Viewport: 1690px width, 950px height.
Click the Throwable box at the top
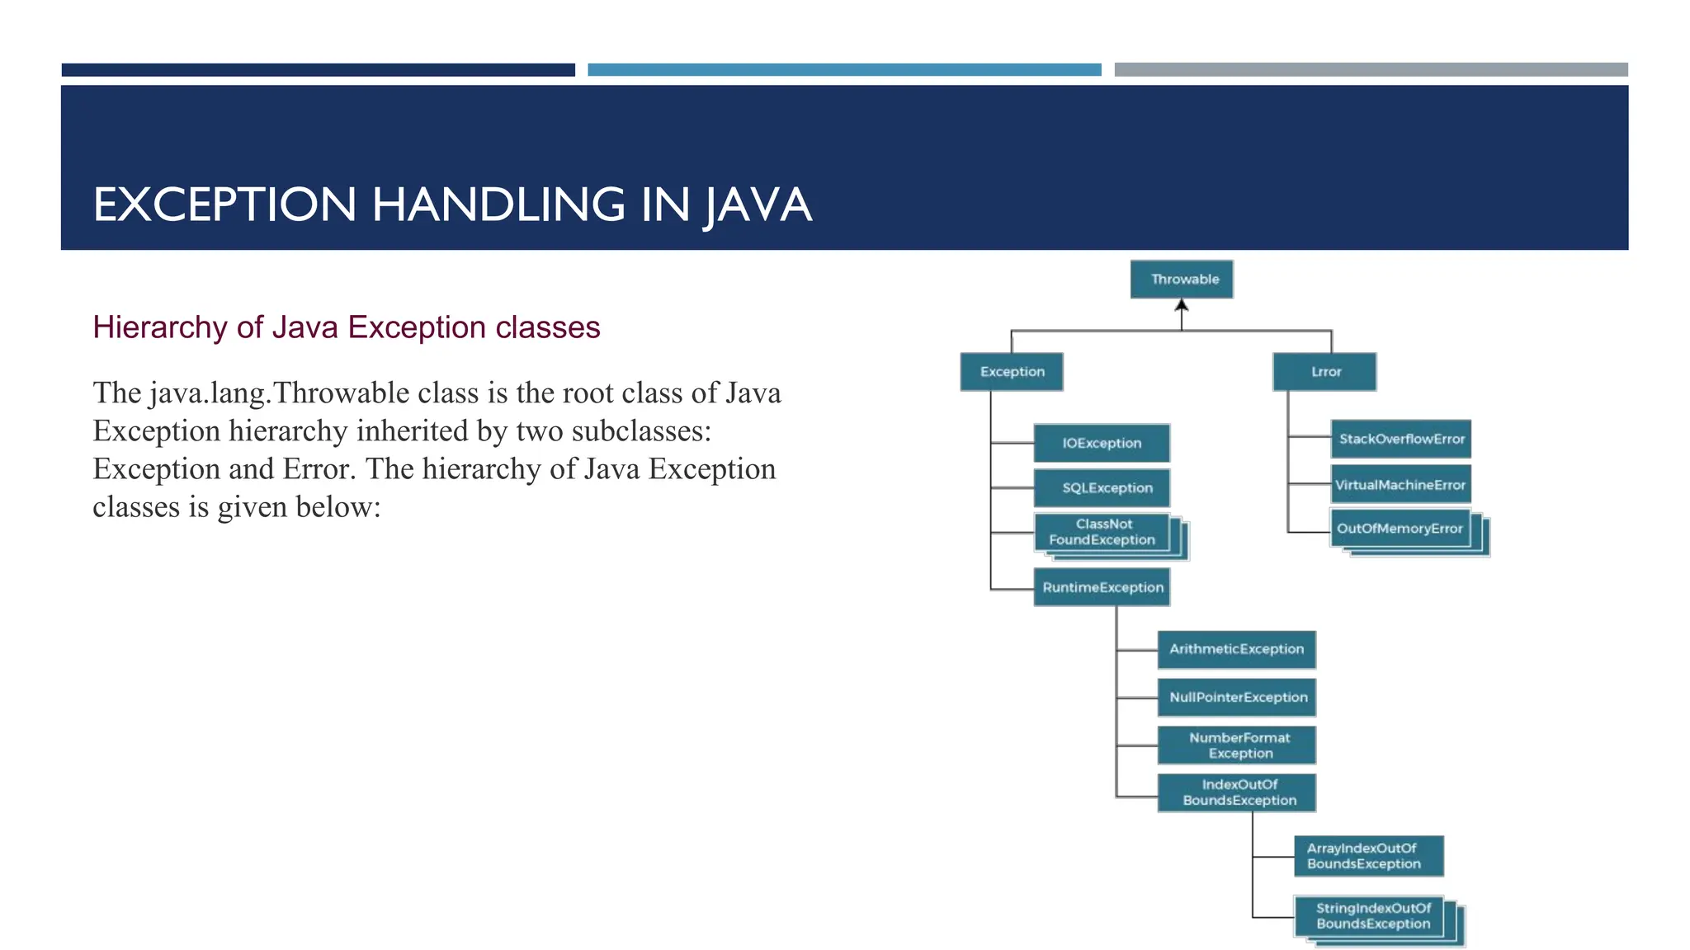coord(1182,280)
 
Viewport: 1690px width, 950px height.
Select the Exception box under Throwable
coord(1012,372)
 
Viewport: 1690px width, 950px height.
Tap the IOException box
coord(1102,444)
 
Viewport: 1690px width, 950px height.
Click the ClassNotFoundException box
coord(1102,533)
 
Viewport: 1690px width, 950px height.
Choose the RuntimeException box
coord(1102,588)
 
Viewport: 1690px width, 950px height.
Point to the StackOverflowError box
coord(1401,440)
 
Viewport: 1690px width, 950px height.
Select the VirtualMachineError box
coord(1400,485)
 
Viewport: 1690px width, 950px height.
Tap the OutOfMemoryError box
coord(1400,529)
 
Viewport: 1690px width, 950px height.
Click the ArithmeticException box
coord(1236,650)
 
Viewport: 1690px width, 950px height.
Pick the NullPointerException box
coord(1236,698)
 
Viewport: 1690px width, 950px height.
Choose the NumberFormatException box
coord(1236,745)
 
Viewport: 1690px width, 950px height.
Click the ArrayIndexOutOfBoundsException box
coord(1368,856)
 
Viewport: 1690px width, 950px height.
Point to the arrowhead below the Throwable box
coord(1182,305)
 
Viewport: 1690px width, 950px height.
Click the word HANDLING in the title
coord(498,205)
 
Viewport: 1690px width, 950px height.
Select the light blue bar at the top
coord(844,70)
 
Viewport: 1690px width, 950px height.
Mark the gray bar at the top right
coord(1371,70)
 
